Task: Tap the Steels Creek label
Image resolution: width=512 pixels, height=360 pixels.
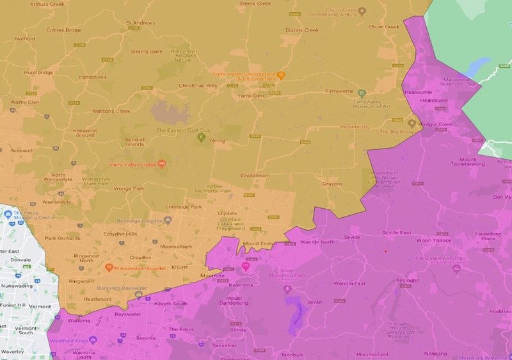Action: pos(255,4)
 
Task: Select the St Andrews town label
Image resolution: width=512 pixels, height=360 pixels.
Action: pos(140,24)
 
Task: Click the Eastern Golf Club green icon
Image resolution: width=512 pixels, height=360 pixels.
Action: pos(201,137)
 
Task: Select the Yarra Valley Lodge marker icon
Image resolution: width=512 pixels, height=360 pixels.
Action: pos(162,164)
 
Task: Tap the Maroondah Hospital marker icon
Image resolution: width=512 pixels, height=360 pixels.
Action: pos(109,267)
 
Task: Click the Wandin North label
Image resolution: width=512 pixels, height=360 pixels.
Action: pos(319,241)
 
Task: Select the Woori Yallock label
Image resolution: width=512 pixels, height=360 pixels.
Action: pos(434,240)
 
